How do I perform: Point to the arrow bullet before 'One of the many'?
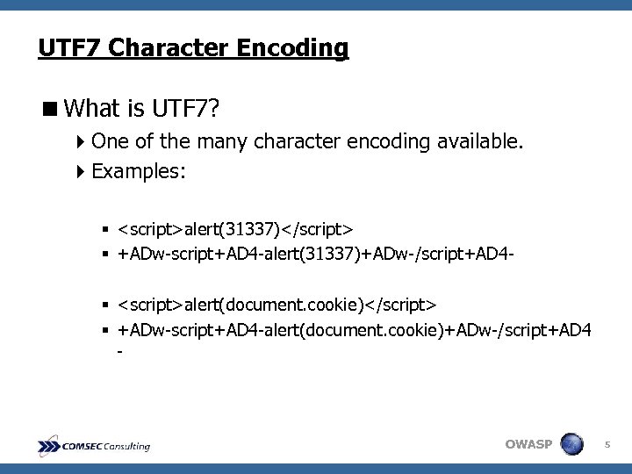click(x=82, y=141)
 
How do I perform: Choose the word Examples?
click(x=138, y=171)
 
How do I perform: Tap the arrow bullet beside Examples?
click(x=82, y=171)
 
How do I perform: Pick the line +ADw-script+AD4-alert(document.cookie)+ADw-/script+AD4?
click(x=355, y=329)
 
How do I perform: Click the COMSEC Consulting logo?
click(x=94, y=446)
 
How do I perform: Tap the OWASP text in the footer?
click(x=528, y=444)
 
